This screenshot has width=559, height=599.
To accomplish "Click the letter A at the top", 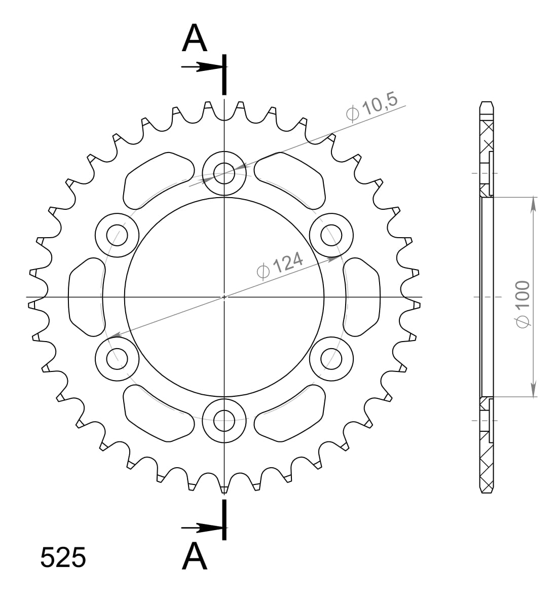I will [x=195, y=39].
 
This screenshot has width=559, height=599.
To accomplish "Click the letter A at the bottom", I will [x=195, y=556].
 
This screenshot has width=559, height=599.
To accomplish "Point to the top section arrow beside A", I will [x=202, y=67].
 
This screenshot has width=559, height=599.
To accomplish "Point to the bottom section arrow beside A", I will [x=202, y=528].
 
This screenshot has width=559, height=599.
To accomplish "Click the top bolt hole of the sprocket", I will [x=224, y=173].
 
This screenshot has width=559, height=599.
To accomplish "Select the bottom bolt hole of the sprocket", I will [x=224, y=419].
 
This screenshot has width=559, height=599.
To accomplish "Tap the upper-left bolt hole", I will [x=117, y=235].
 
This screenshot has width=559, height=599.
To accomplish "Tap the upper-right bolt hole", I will [x=331, y=235].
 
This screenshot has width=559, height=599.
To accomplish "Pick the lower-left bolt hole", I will [x=117, y=358].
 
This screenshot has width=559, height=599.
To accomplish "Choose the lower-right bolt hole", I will [x=331, y=358].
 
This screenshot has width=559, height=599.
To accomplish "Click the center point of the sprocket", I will [x=224, y=297].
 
